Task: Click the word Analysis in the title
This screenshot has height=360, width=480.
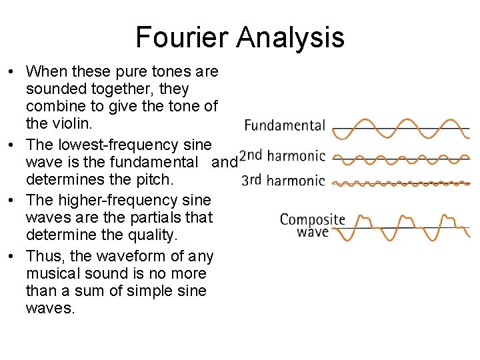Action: (x=290, y=37)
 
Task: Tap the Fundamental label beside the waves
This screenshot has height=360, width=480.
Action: (x=285, y=125)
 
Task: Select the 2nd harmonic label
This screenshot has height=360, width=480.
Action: (x=282, y=157)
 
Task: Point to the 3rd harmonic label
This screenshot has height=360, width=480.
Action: (x=283, y=180)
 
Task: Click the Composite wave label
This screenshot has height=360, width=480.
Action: (x=312, y=225)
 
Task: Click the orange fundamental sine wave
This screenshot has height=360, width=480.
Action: (x=400, y=128)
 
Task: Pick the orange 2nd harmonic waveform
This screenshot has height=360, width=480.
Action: (x=400, y=160)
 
